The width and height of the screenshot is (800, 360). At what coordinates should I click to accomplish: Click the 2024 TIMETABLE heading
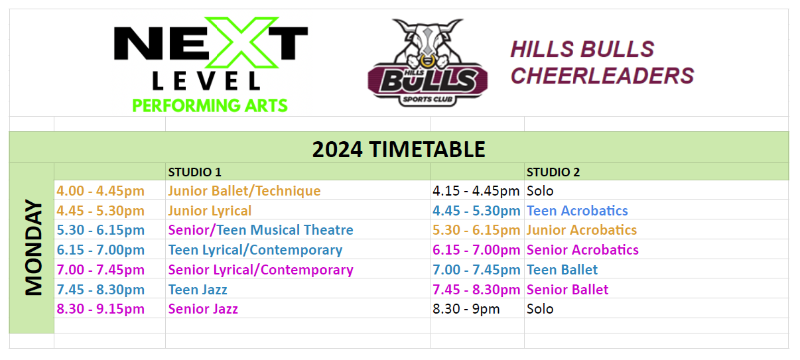pyautogui.click(x=399, y=149)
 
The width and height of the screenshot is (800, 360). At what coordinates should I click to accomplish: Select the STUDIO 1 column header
pyautogui.click(x=194, y=172)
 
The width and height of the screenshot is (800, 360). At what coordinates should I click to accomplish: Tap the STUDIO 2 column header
pyautogui.click(x=553, y=172)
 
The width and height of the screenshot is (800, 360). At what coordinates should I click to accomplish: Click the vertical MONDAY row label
pyautogui.click(x=33, y=248)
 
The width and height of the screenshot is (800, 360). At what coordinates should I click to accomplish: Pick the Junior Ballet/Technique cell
pyautogui.click(x=244, y=191)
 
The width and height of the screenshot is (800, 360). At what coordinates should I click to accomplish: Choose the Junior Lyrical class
pyautogui.click(x=210, y=211)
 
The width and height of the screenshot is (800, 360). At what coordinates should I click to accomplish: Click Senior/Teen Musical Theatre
pyautogui.click(x=261, y=231)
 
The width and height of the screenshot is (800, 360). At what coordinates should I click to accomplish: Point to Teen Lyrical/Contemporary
pyautogui.click(x=255, y=251)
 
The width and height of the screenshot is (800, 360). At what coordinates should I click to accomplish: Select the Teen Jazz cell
pyautogui.click(x=198, y=290)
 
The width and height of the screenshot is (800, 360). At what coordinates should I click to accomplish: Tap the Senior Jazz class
pyautogui.click(x=203, y=309)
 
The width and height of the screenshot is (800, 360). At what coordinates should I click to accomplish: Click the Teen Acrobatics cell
pyautogui.click(x=577, y=211)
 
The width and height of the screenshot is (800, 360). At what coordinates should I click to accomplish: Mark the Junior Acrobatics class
pyautogui.click(x=581, y=231)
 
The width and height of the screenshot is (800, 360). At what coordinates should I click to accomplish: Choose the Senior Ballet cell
pyautogui.click(x=567, y=290)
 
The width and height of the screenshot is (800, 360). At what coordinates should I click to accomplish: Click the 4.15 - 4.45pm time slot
pyautogui.click(x=476, y=191)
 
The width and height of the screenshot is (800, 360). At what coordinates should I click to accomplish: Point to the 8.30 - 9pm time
pyautogui.click(x=466, y=309)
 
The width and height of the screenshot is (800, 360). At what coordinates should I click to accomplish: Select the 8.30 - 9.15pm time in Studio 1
pyautogui.click(x=100, y=309)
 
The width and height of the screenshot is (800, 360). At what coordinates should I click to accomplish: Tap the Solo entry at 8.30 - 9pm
pyautogui.click(x=540, y=309)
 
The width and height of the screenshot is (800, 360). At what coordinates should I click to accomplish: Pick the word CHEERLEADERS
pyautogui.click(x=602, y=76)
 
